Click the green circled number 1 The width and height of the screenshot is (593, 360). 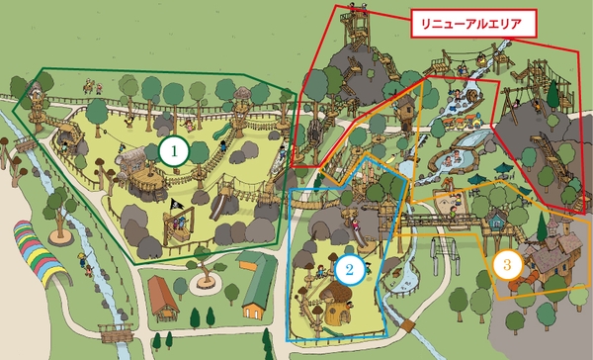[x=173, y=150]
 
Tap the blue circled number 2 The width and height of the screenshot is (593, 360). [x=348, y=267]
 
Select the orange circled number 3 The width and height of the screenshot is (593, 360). [x=506, y=264]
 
